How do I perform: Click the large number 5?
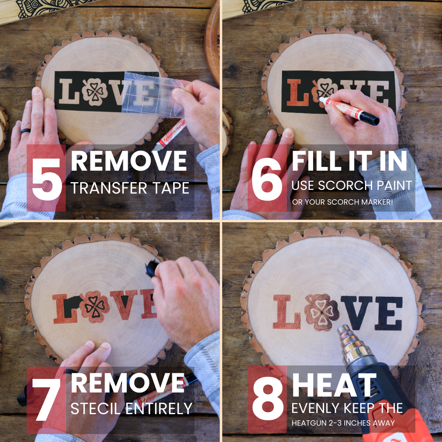click(47, 179)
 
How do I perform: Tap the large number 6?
click(267, 179)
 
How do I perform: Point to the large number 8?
click(268, 399)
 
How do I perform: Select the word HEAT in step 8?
click(334, 385)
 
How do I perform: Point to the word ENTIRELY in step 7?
click(159, 408)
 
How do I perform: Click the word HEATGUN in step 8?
click(311, 423)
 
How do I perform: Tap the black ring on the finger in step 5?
click(26, 131)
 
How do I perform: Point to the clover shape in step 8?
click(320, 312)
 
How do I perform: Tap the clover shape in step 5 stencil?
click(95, 91)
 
